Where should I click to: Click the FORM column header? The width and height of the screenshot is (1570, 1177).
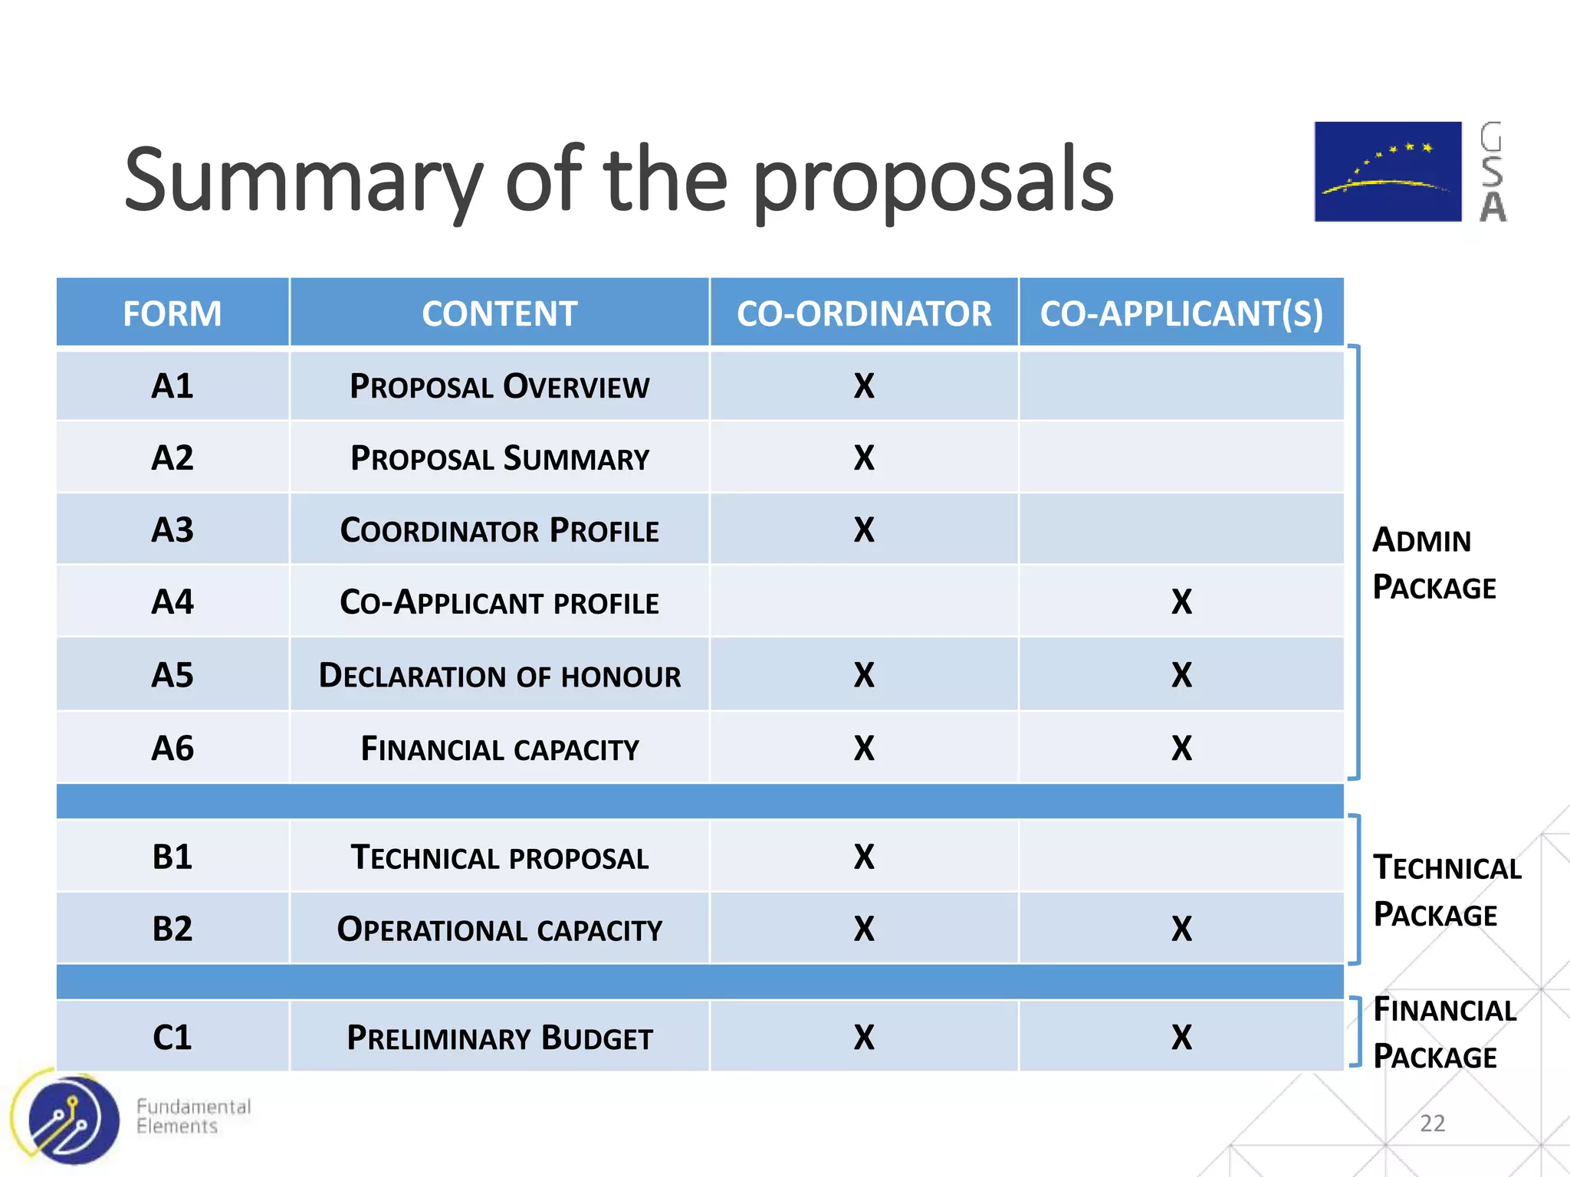click(172, 313)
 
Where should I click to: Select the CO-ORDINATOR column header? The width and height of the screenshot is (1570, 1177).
click(864, 313)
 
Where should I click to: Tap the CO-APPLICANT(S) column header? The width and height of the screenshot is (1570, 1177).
click(1181, 313)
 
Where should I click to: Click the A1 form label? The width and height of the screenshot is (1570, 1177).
click(172, 385)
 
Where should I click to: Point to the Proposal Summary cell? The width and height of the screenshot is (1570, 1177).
click(500, 458)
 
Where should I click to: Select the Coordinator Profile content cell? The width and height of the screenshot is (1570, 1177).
click(500, 530)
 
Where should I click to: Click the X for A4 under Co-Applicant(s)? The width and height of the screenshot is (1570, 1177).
click(1181, 602)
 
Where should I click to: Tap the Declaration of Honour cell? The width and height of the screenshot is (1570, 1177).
click(500, 676)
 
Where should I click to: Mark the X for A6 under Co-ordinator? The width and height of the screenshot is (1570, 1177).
click(864, 748)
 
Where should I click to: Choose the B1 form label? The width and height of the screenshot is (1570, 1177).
click(172, 857)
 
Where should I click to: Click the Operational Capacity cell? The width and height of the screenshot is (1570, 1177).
click(500, 929)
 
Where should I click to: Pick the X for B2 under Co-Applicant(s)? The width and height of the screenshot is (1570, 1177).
click(1181, 929)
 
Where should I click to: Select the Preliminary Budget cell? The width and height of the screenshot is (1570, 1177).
click(500, 1038)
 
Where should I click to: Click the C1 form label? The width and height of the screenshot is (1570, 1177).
click(172, 1038)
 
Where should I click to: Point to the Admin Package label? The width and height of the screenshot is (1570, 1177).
click(1434, 564)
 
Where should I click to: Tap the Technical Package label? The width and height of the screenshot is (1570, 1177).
click(1447, 891)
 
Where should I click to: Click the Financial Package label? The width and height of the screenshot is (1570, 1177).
click(1444, 1033)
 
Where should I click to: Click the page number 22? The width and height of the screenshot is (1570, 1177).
click(1432, 1123)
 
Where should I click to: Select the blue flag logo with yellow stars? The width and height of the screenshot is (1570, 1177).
click(1388, 172)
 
